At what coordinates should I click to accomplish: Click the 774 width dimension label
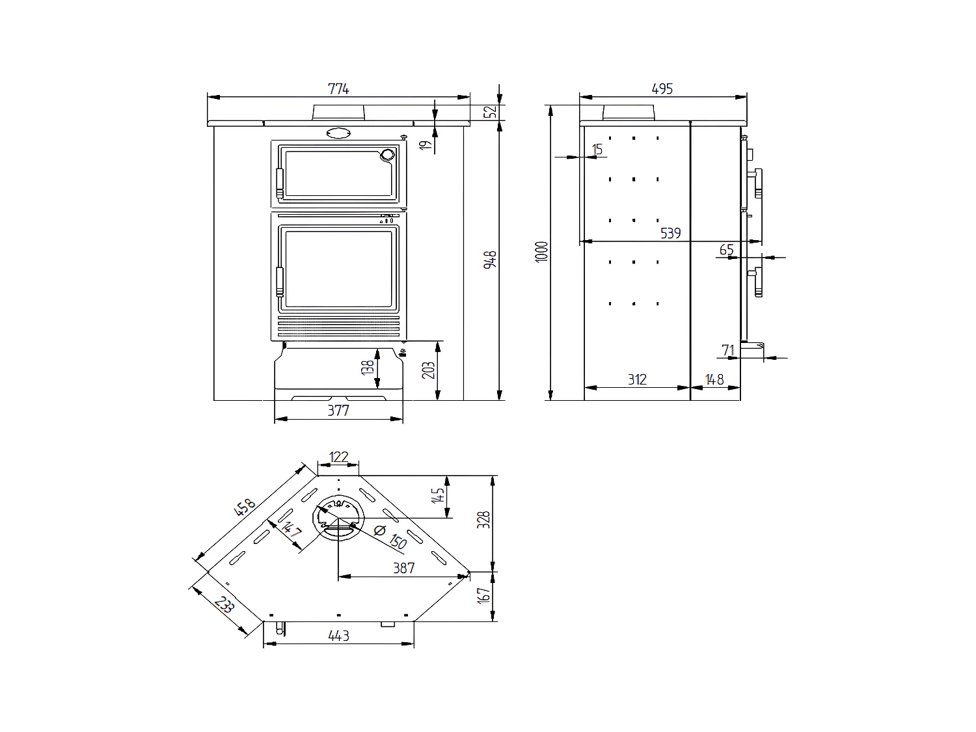click(338, 90)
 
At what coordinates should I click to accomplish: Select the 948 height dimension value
click(492, 259)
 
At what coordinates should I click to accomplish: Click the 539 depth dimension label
click(670, 233)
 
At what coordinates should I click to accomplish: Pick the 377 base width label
click(338, 411)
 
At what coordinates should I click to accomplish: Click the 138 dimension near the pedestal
click(369, 368)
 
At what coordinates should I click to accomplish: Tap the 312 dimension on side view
click(637, 379)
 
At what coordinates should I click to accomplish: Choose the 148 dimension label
click(714, 379)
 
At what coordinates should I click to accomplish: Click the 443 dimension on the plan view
click(339, 635)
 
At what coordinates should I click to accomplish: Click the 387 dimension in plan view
click(403, 568)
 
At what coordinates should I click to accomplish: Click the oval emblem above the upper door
click(338, 133)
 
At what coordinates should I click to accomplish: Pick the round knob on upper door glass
click(387, 155)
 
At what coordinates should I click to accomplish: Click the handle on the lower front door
click(280, 281)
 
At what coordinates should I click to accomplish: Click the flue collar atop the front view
click(338, 113)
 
